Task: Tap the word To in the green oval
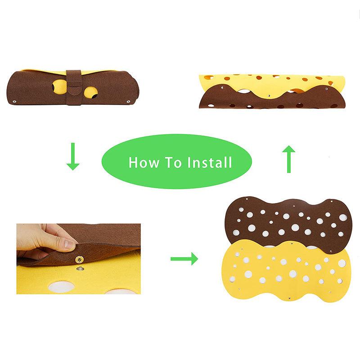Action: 175,162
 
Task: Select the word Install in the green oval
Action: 210,162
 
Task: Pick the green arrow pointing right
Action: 184,258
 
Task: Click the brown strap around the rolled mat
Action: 73,86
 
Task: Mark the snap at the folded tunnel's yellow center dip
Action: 268,95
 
